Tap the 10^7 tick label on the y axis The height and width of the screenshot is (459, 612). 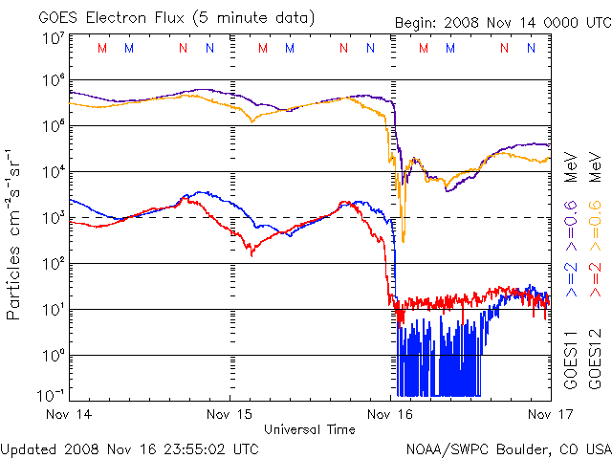coord(52,38)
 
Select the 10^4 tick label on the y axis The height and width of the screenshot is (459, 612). coord(52,172)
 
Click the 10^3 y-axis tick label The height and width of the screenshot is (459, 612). coord(52,218)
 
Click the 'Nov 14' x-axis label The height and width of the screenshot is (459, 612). coord(69,415)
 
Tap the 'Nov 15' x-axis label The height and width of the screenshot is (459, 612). coord(229,415)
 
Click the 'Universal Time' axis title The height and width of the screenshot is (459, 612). coord(310,429)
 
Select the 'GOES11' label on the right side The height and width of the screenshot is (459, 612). coord(571,359)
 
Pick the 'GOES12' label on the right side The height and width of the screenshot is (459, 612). coord(594,359)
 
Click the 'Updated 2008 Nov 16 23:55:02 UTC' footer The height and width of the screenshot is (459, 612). coord(129,448)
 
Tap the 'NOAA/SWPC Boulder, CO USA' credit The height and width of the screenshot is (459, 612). coord(508,448)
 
